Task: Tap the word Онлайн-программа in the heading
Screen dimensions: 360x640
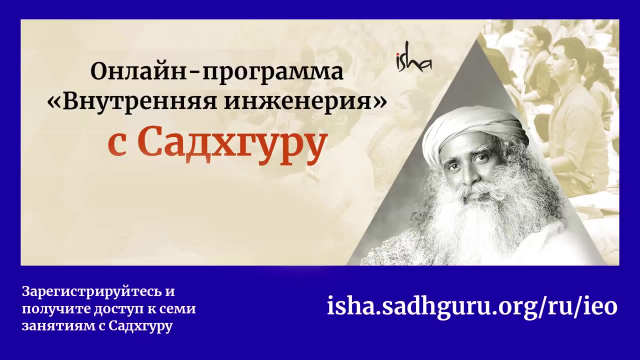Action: pyautogui.click(x=217, y=72)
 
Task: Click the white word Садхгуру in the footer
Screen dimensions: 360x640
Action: pyautogui.click(x=140, y=327)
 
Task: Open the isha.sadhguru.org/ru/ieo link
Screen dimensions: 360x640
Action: pyautogui.click(x=472, y=306)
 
